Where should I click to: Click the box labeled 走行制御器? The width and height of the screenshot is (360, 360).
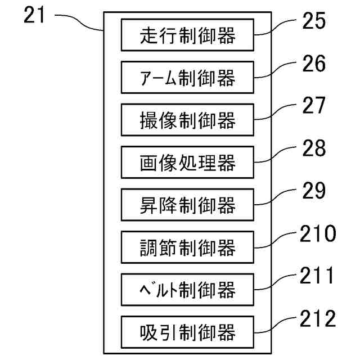[x=187, y=35]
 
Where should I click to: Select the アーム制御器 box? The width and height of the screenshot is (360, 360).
[x=187, y=78]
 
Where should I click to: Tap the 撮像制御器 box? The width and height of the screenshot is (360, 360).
[x=187, y=120]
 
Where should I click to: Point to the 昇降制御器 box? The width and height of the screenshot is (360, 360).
[x=187, y=205]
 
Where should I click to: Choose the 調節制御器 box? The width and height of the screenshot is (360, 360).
[x=187, y=247]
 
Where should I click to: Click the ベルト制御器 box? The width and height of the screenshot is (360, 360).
[x=187, y=290]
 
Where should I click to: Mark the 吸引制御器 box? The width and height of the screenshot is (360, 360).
[x=187, y=332]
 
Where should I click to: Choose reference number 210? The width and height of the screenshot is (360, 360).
[x=316, y=233]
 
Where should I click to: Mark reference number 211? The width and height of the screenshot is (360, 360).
[x=316, y=276]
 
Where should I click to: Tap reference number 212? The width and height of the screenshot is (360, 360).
[x=316, y=318]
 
